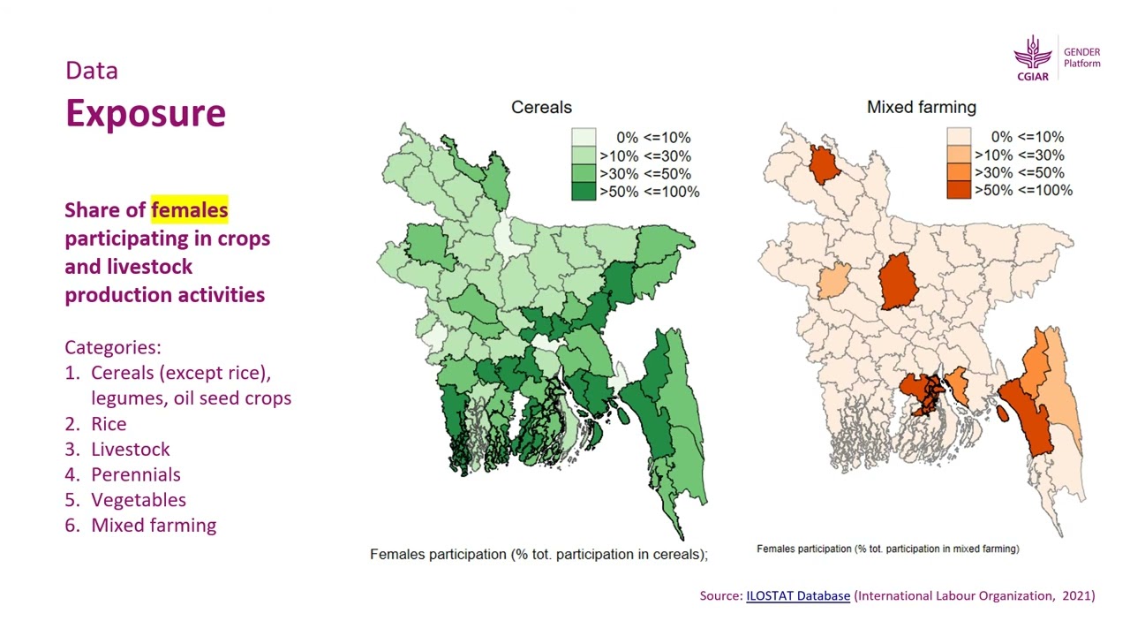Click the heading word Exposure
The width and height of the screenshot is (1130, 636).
pyautogui.click(x=146, y=113)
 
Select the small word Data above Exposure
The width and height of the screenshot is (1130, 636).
pyautogui.click(x=91, y=71)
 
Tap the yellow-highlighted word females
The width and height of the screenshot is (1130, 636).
pyautogui.click(x=189, y=210)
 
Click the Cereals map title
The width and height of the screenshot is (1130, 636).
pyautogui.click(x=541, y=108)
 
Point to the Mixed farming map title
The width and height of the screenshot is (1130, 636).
pyautogui.click(x=921, y=108)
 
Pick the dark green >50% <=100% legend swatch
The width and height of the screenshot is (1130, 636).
pyautogui.click(x=584, y=191)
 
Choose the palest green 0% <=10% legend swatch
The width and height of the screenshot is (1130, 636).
pyautogui.click(x=584, y=137)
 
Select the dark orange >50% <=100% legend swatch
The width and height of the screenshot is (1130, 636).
pyautogui.click(x=959, y=190)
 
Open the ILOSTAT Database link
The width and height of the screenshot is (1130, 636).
pyautogui.click(x=798, y=596)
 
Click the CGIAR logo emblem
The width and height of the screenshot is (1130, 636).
pyautogui.click(x=1033, y=55)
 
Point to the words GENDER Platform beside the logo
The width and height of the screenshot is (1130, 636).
pyautogui.click(x=1081, y=57)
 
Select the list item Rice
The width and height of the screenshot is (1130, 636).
pyautogui.click(x=109, y=424)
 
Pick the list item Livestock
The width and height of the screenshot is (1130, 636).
pyautogui.click(x=130, y=450)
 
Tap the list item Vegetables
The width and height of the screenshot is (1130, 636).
pyautogui.click(x=138, y=500)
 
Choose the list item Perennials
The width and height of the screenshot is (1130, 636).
pyautogui.click(x=135, y=474)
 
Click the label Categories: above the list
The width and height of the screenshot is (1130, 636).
pyautogui.click(x=112, y=347)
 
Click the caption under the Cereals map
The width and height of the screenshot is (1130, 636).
pyautogui.click(x=539, y=555)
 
